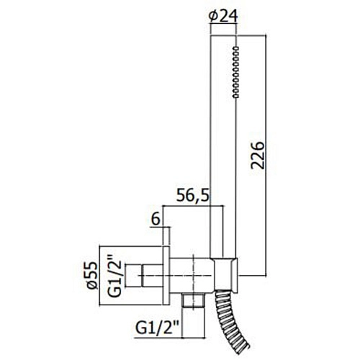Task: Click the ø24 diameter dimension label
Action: (223, 17)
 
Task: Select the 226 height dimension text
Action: (257, 156)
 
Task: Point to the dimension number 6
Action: (156, 220)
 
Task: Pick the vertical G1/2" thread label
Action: (114, 276)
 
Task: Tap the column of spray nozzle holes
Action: (236, 71)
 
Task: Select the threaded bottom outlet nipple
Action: (194, 300)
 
